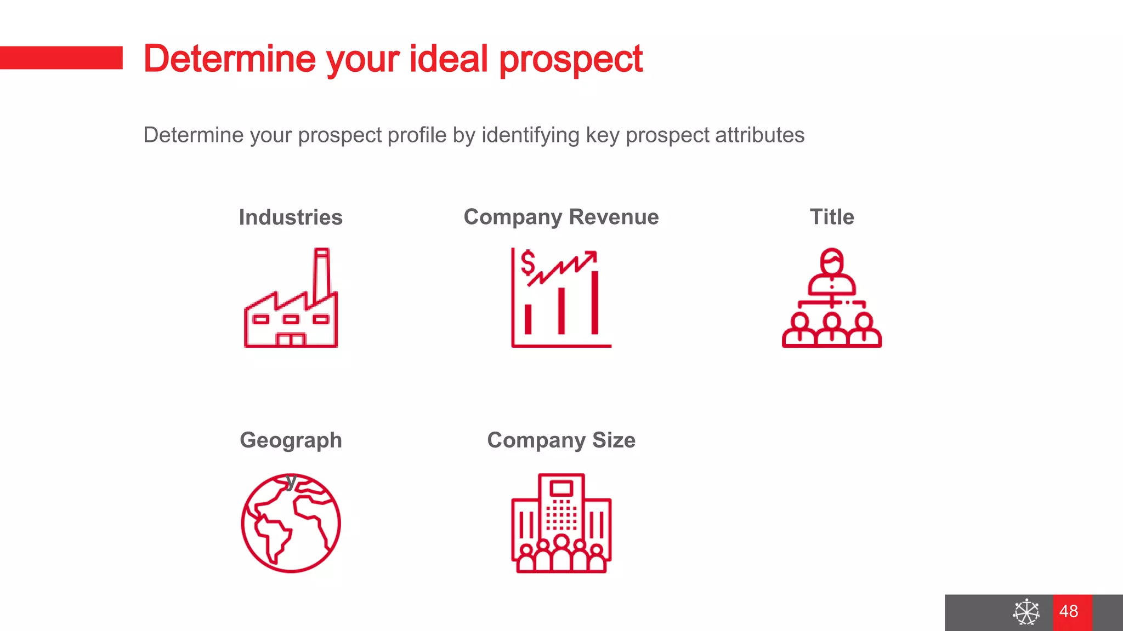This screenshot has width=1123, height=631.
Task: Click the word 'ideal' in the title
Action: [x=449, y=59]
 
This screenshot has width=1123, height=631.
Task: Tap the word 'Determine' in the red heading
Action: [x=229, y=59]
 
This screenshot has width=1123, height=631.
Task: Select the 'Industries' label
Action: [x=291, y=217]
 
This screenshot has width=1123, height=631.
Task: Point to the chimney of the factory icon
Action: [x=321, y=274]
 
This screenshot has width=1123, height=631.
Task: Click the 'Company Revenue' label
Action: [x=561, y=217]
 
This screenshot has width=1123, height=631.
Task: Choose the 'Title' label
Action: [x=832, y=217]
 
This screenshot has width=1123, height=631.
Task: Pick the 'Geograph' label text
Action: [x=291, y=440]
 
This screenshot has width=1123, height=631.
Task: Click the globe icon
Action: [x=291, y=523]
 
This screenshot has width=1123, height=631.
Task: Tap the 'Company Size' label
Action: [x=561, y=440]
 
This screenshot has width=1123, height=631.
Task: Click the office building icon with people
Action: [x=561, y=523]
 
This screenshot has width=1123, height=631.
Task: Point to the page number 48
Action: [x=1069, y=611]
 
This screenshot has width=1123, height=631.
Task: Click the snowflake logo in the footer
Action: [x=1026, y=612]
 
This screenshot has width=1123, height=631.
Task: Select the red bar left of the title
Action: [x=61, y=58]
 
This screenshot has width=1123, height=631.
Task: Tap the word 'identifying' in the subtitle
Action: [x=530, y=135]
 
